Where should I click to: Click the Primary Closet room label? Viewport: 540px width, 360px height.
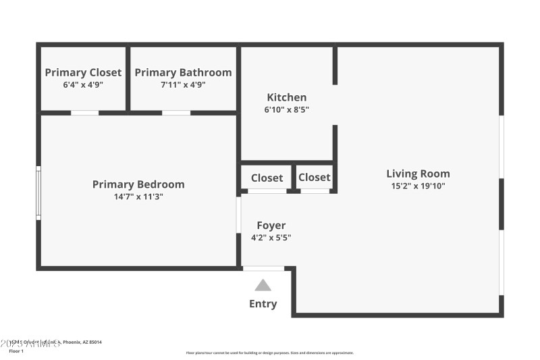coord(83,72)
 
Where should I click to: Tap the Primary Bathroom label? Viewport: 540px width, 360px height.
coord(183,72)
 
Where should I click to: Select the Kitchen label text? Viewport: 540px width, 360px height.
coord(286,97)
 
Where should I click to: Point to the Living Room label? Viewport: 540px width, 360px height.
coord(418,174)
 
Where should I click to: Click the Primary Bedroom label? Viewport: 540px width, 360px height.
coord(138,184)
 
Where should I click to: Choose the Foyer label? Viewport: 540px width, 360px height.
coord(271,226)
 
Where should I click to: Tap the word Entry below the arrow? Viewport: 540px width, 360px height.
coord(263,304)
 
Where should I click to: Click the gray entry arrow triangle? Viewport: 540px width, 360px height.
coord(263,286)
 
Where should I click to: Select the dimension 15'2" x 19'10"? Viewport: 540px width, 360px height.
coord(418,186)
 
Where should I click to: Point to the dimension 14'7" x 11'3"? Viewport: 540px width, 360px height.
coord(138,197)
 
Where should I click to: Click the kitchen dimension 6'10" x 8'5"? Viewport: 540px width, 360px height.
coord(286,109)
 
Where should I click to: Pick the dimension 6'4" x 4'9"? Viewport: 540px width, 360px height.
coord(83,84)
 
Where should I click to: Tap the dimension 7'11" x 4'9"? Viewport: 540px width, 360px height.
coord(183,84)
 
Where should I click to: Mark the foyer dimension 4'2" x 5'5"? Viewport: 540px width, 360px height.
coord(271,237)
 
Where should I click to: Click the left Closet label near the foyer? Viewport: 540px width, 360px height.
coord(267,178)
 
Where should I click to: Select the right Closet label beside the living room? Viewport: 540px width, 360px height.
coord(315,178)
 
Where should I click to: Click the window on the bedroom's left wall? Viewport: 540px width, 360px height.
coord(38,192)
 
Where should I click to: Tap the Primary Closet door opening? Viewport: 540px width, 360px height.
coord(84,113)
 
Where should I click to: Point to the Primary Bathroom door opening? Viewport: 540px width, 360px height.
coord(176,113)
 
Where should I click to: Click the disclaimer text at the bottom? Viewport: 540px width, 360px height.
coord(270,353)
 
